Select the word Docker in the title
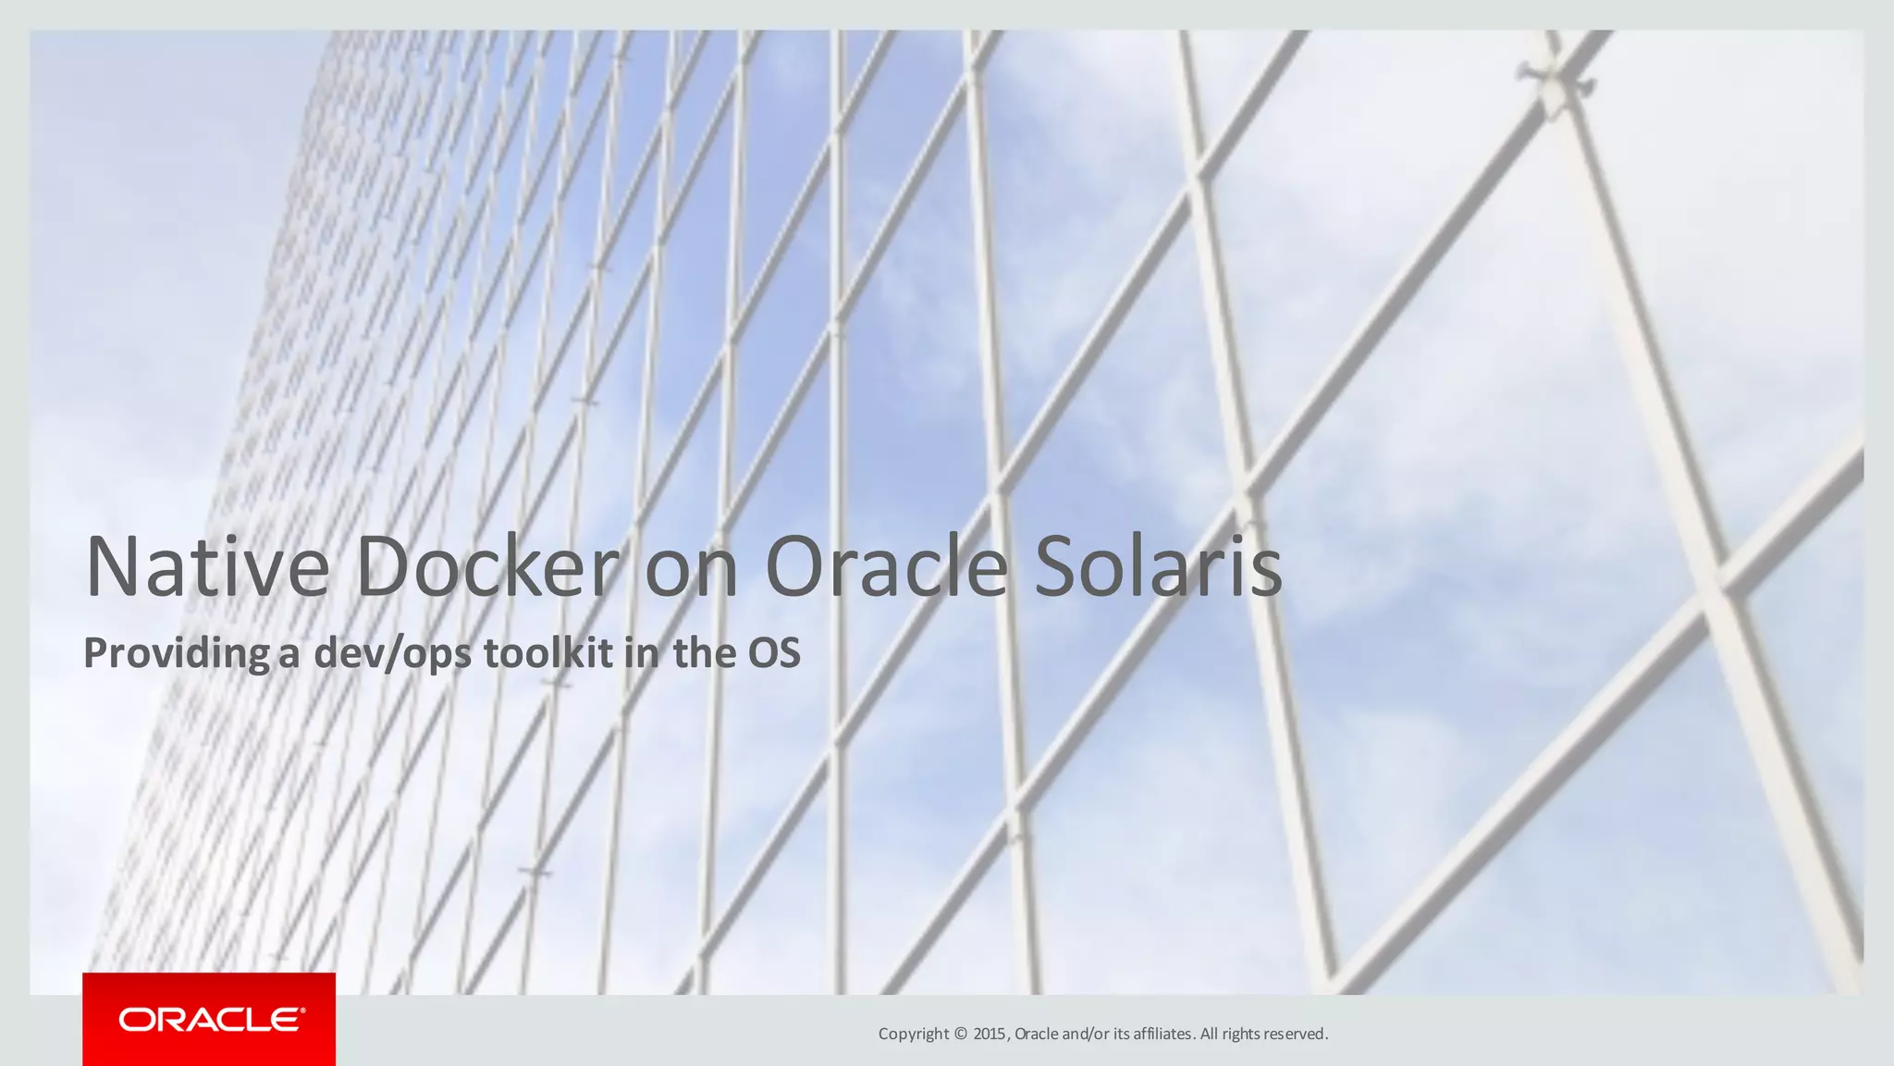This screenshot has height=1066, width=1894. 487,566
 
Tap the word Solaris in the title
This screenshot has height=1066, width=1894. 1158,566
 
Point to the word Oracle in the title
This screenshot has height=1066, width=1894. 886,566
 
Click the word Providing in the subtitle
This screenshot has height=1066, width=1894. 177,653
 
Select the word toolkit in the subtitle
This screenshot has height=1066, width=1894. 548,653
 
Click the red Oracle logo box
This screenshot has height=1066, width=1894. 209,1019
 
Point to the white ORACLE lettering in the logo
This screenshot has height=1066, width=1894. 212,1020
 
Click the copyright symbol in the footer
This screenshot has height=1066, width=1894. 960,1034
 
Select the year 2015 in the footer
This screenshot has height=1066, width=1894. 990,1034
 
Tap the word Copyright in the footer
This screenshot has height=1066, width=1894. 914,1034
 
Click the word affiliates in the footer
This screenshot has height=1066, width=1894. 1162,1034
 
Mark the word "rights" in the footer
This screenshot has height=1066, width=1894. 1241,1034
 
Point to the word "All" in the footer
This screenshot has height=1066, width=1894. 1209,1034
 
